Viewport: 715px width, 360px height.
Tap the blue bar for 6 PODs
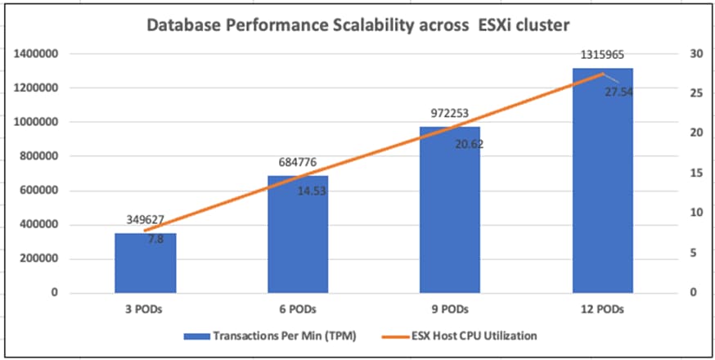pyautogui.click(x=298, y=237)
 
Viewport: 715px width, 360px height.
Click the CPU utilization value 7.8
pyautogui.click(x=155, y=239)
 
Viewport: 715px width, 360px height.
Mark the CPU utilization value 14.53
pyautogui.click(x=313, y=191)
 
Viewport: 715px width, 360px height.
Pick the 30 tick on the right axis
pyautogui.click(x=696, y=54)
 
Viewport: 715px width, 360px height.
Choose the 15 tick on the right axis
pyautogui.click(x=696, y=173)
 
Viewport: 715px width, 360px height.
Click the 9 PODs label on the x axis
pyautogui.click(x=450, y=309)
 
